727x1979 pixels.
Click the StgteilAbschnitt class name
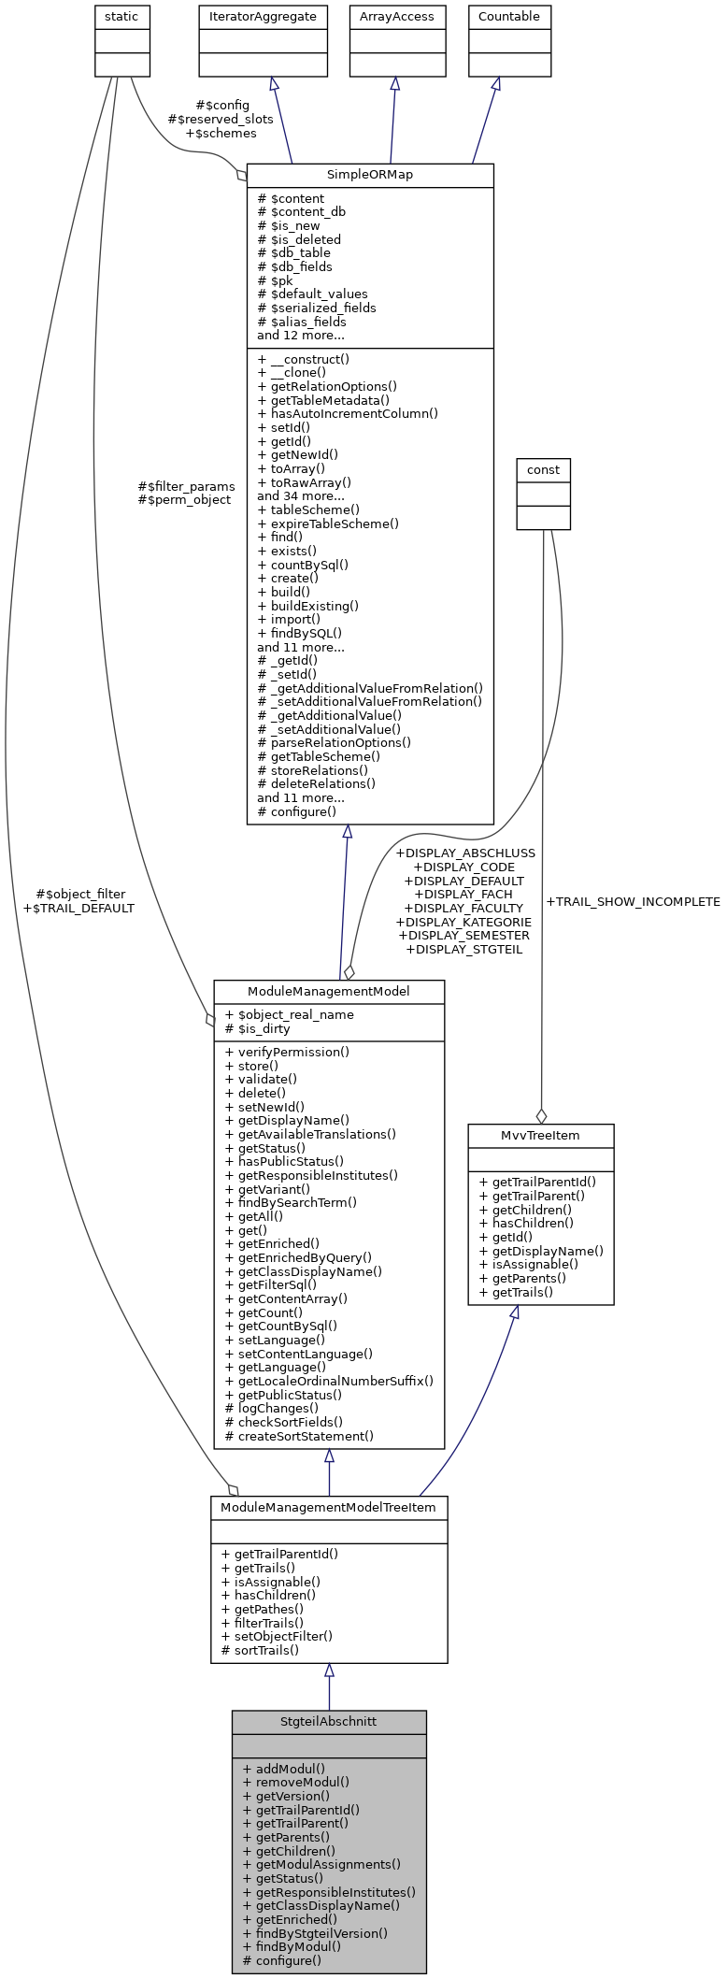pyautogui.click(x=329, y=1721)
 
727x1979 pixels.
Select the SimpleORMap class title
pyautogui.click(x=370, y=175)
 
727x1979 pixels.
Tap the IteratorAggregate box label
pyautogui.click(x=263, y=17)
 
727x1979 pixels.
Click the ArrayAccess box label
pyautogui.click(x=397, y=17)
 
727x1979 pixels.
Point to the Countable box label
pyautogui.click(x=509, y=17)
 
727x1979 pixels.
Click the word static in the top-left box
pyautogui.click(x=122, y=17)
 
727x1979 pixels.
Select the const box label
pyautogui.click(x=543, y=469)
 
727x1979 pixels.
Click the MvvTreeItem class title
pyautogui.click(x=541, y=1135)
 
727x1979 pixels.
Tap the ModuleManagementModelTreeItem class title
pyautogui.click(x=329, y=1508)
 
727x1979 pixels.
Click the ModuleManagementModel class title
pyautogui.click(x=329, y=991)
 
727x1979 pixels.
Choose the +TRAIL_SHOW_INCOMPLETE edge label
pyautogui.click(x=633, y=902)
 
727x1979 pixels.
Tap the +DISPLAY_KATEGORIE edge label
pyautogui.click(x=463, y=922)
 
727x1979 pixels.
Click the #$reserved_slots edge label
pyautogui.click(x=221, y=120)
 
